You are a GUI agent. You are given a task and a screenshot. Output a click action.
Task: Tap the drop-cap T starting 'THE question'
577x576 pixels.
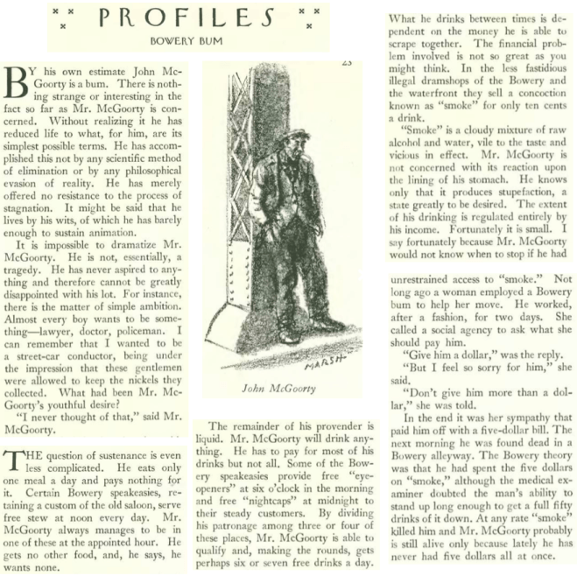click(12, 461)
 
